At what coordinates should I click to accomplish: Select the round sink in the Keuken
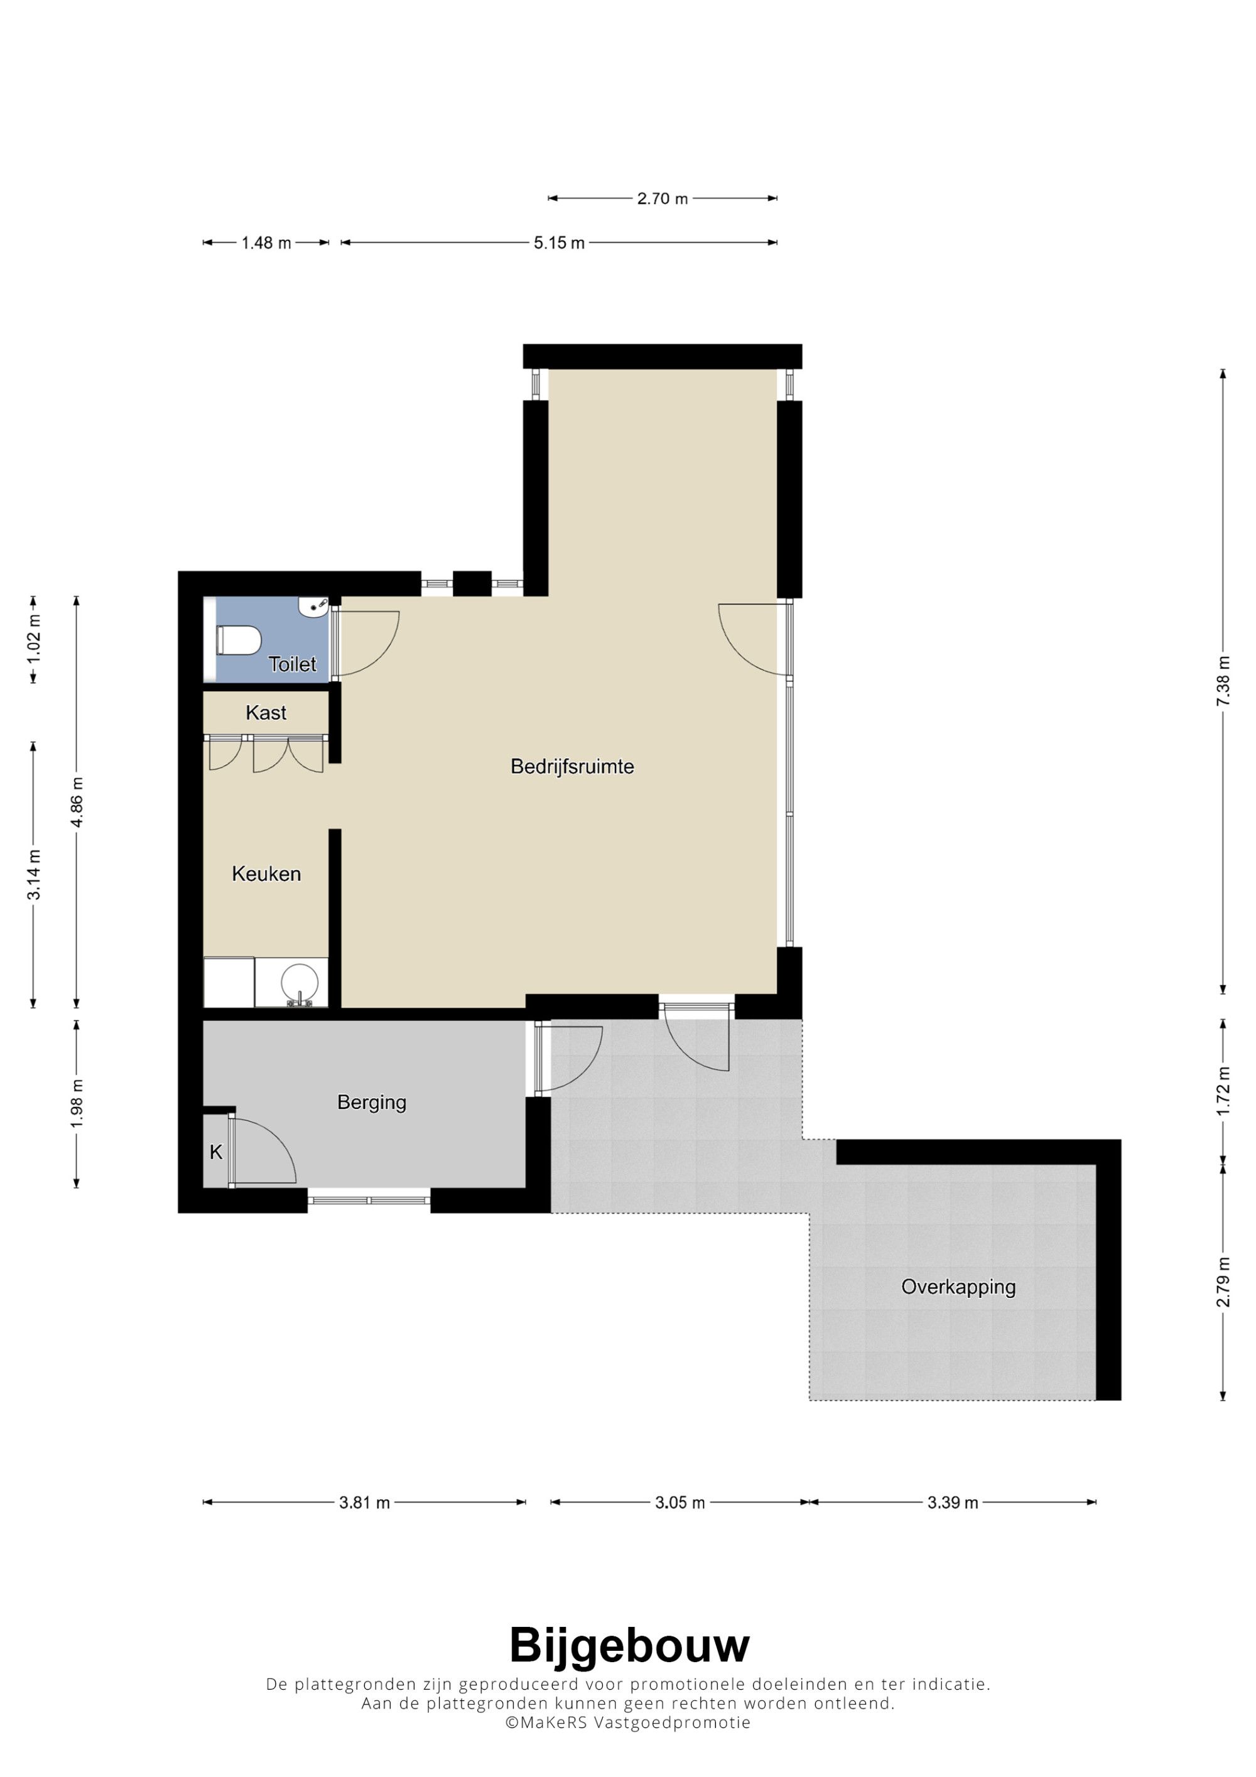[x=300, y=983]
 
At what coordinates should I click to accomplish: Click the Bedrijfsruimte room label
[x=572, y=767]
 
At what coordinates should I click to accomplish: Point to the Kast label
[x=266, y=713]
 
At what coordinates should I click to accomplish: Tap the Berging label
[x=371, y=1102]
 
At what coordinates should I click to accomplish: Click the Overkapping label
[x=958, y=1287]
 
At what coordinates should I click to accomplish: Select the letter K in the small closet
[x=216, y=1152]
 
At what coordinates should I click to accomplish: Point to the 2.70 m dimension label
[x=663, y=199]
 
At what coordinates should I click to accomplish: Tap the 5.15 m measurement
[x=559, y=243]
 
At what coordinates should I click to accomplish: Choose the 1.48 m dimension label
[x=266, y=243]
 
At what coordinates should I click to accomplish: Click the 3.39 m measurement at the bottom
[x=953, y=1503]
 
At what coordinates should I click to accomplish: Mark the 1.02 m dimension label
[x=33, y=639]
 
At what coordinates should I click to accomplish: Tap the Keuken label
[x=266, y=874]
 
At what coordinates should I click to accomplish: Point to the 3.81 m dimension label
[x=364, y=1503]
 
